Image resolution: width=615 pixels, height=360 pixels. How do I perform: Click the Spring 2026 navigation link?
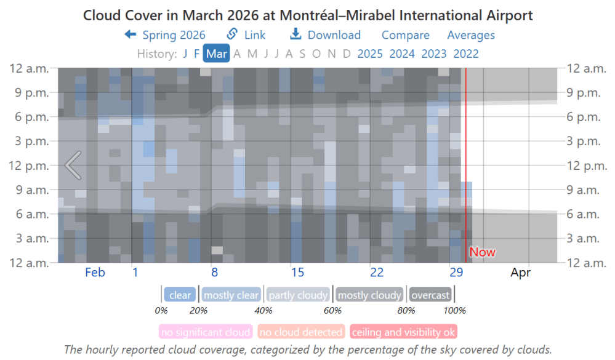pos(165,35)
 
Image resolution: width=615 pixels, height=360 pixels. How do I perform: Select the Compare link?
pos(405,35)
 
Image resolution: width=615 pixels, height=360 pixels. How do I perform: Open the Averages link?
pos(470,35)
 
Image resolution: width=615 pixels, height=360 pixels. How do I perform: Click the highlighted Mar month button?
pos(216,54)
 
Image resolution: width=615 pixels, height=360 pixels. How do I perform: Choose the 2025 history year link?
pos(370,54)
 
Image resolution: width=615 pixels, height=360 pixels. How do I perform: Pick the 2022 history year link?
pos(466,54)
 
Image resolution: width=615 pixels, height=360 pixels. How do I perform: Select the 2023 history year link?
pos(434,54)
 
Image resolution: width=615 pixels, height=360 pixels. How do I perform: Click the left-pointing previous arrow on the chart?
pos(73,165)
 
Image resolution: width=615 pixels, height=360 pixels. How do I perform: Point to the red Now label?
pos(482,252)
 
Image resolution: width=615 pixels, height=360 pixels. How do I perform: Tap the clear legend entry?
pos(180,295)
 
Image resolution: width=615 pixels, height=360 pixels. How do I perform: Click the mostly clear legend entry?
pos(231,295)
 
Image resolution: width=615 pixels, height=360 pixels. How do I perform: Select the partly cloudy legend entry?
pos(299,295)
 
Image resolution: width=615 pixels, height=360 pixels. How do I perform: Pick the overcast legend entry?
pos(430,295)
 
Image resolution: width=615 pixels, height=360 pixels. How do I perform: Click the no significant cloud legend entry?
pos(206,332)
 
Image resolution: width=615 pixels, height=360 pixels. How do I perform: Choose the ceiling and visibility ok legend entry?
pos(403,332)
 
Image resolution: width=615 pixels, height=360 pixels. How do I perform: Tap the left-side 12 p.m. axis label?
pos(29,165)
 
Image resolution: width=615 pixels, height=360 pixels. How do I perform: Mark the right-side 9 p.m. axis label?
pos(585,92)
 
